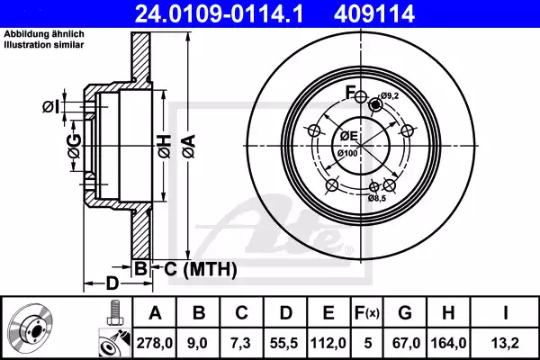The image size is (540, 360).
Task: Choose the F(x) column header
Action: click(367, 314)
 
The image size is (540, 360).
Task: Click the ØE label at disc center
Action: click(347, 136)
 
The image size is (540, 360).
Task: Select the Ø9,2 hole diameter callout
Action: click(389, 95)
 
